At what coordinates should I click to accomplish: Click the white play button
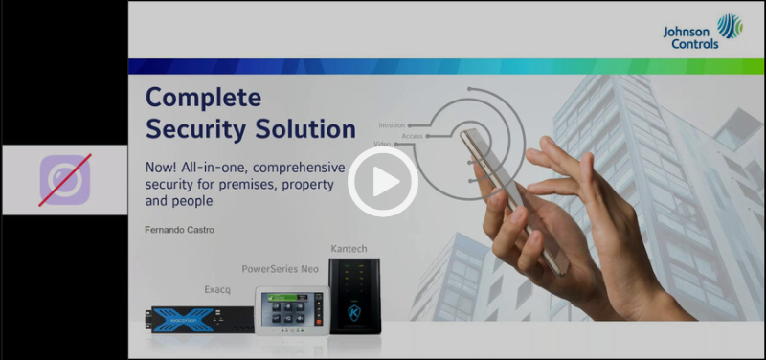point(381,181)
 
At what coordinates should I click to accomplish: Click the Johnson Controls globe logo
point(730,26)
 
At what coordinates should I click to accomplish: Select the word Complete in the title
point(203,98)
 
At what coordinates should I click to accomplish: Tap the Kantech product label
point(349,249)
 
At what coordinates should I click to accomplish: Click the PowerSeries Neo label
point(280,269)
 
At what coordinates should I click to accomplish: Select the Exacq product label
point(218,286)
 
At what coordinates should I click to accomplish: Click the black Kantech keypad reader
point(354,295)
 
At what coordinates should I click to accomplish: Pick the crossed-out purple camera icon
point(64,180)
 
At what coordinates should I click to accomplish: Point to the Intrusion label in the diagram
point(391,125)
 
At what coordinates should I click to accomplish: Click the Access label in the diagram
point(413,137)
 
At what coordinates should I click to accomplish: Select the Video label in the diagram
point(381,144)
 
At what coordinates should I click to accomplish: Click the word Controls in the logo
point(690,44)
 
